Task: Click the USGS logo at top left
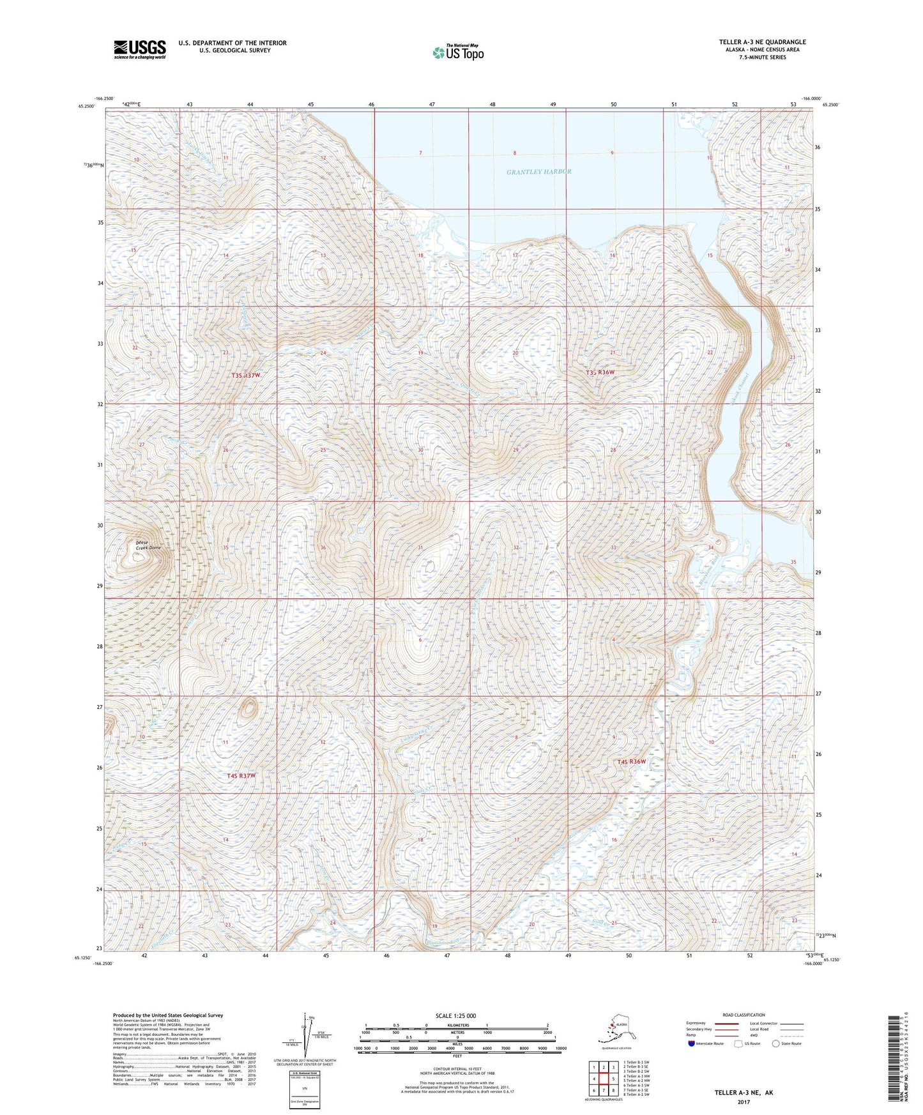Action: click(139, 49)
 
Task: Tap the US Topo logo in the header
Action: click(457, 52)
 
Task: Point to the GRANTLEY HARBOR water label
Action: click(538, 172)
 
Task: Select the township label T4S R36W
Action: click(631, 762)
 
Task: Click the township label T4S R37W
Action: click(241, 775)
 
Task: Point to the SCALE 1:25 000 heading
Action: click(456, 1016)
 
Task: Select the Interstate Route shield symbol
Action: click(692, 1044)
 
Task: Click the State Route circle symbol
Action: click(775, 1044)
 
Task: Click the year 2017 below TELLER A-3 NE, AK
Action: click(743, 1102)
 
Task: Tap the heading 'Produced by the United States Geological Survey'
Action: click(167, 1015)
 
